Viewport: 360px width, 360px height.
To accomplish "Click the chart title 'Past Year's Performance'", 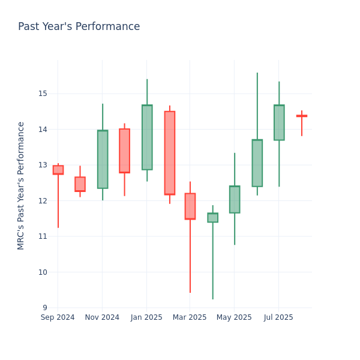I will (x=79, y=27).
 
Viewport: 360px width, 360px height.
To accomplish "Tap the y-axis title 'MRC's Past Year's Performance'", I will (x=21, y=185).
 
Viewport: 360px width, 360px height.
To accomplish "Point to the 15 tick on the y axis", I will (x=43, y=94).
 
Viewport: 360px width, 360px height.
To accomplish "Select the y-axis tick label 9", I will (x=45, y=308).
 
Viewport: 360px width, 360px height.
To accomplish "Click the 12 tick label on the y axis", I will (x=43, y=200).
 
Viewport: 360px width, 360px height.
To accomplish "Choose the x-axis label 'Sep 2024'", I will (x=58, y=317).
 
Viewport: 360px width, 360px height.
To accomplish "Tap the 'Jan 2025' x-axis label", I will (x=146, y=317).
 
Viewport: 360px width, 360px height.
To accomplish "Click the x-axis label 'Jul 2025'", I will (x=278, y=317).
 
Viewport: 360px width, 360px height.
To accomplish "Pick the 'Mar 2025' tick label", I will (x=190, y=317).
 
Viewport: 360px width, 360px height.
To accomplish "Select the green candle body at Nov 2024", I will (x=103, y=159).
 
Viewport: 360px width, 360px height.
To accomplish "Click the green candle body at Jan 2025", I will (x=147, y=137).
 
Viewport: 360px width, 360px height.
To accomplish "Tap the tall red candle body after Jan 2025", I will (x=169, y=153).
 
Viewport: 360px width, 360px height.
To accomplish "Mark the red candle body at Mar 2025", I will (x=190, y=206).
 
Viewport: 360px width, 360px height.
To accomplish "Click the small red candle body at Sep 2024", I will (x=58, y=170).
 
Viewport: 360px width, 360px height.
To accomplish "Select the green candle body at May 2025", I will (x=235, y=199).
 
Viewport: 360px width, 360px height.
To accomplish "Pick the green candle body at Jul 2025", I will (x=279, y=122).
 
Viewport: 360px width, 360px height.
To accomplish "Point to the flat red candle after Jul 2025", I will (x=301, y=116).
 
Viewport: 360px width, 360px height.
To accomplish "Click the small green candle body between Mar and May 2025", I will (x=212, y=217).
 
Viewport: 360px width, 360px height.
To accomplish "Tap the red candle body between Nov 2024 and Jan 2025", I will (x=124, y=151).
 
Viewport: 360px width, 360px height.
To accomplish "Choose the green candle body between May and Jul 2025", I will (x=257, y=163).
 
